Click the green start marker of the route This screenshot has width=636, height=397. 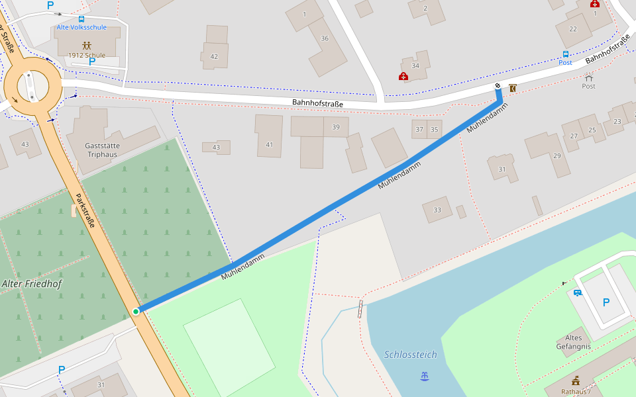(x=136, y=311)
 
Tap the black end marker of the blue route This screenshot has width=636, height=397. (x=498, y=87)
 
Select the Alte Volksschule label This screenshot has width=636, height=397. (x=81, y=27)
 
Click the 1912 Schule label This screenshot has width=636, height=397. (x=86, y=55)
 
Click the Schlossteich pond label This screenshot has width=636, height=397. (x=411, y=355)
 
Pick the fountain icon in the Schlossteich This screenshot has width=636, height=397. (x=425, y=376)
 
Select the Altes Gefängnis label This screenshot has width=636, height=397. (x=573, y=342)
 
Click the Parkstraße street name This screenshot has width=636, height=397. (x=85, y=210)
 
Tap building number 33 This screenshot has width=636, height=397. (x=437, y=210)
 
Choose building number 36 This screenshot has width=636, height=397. (x=325, y=38)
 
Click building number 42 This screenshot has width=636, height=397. (x=214, y=56)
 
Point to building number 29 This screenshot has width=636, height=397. (x=556, y=155)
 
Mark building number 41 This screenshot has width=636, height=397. (x=269, y=144)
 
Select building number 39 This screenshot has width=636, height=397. (x=336, y=127)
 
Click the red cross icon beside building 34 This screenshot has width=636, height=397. (x=403, y=76)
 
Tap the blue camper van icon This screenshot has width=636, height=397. (x=577, y=292)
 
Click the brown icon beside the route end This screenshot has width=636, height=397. (x=513, y=87)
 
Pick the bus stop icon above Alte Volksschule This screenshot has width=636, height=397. (x=81, y=19)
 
